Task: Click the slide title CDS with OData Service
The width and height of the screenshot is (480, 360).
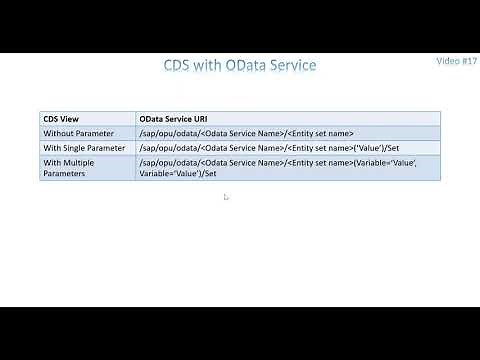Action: coord(239,66)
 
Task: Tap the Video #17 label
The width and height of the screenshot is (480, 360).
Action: coord(457,61)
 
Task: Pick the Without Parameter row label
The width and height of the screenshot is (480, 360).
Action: coord(79,132)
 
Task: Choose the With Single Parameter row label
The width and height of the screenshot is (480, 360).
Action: coord(85,147)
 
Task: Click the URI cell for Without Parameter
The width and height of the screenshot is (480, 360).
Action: coord(247,132)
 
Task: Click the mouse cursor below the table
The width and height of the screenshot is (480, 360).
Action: coord(226,197)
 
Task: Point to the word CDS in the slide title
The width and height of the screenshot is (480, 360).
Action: coord(181,66)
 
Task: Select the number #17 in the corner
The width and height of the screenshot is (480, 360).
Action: coord(468,61)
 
